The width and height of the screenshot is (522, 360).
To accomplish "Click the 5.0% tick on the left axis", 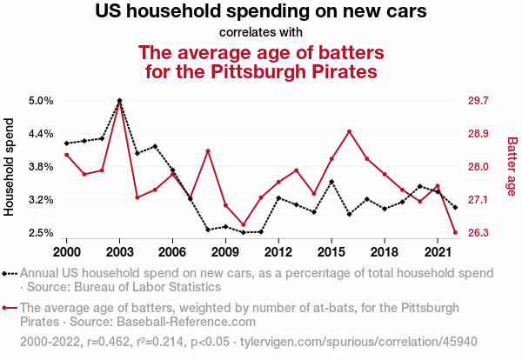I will coord(41,100).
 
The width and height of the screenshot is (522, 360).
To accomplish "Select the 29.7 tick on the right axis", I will coord(480,100).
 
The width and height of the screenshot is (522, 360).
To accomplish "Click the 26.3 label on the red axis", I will coord(480,233).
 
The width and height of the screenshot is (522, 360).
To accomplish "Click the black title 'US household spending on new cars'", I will coord(261,13).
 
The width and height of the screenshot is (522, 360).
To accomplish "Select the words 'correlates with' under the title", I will coord(261,33).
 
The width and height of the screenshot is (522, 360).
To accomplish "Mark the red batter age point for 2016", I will coord(349,131).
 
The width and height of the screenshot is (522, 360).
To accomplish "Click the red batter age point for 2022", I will coord(455,232).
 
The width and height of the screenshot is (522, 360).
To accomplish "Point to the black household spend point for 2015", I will coord(331,182).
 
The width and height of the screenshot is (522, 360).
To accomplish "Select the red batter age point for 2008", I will coord(208,151).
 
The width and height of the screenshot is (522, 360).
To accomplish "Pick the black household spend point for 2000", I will coord(67,143).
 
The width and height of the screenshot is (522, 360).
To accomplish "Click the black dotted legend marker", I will coord(10,273).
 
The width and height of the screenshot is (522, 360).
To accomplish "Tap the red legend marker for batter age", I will coord(10,308).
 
